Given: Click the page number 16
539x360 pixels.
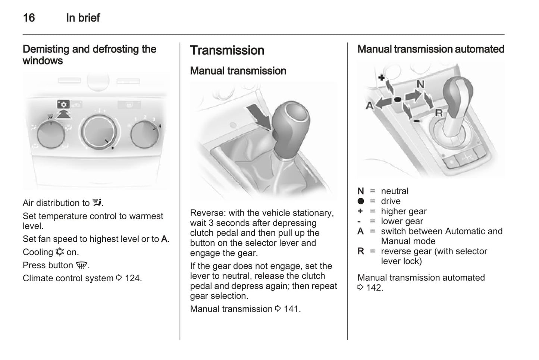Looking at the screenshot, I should point(29,18).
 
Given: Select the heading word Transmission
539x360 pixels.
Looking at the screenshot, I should point(227,50).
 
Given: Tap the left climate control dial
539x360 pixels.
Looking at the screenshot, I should point(51,134).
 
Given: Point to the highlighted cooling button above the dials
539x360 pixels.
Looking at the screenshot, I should point(63,105).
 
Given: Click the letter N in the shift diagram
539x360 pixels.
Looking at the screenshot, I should point(420,84).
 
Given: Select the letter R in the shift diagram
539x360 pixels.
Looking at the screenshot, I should point(439,113).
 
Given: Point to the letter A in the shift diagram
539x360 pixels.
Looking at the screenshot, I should point(369,106).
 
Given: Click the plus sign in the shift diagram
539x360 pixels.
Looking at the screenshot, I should point(381,78).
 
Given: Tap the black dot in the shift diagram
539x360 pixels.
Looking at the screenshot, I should point(397,100).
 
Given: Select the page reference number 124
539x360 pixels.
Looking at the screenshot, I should point(133,278).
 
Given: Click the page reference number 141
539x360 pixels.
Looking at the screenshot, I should point(292,309).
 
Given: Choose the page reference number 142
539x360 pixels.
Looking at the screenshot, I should point(374,288).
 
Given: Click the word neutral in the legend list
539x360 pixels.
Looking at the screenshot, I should point(394,191).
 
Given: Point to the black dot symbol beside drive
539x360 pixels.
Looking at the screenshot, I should point(360,201).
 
